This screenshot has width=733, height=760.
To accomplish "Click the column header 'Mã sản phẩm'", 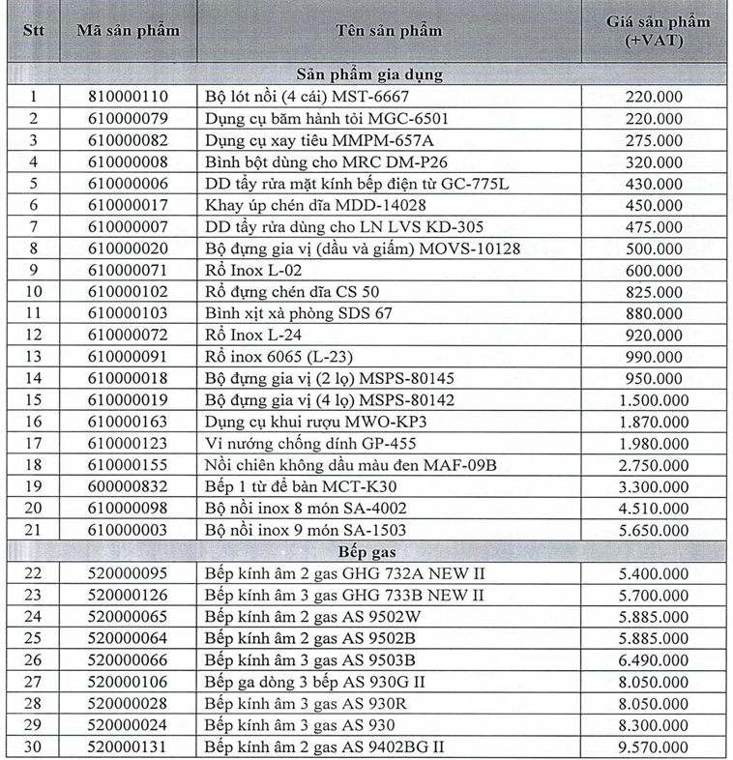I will click(x=128, y=30).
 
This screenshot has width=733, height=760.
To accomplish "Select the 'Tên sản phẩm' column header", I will click(x=391, y=30).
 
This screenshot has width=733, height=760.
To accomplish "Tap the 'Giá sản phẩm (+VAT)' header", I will click(x=658, y=30).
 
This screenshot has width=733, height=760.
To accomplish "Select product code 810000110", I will click(x=128, y=97).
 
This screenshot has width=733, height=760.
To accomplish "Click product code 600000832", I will click(x=128, y=486).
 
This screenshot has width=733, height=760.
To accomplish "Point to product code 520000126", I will click(x=128, y=595).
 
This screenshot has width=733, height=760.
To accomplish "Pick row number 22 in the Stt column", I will click(x=34, y=572).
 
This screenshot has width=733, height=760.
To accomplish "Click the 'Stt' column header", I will click(x=34, y=30).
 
